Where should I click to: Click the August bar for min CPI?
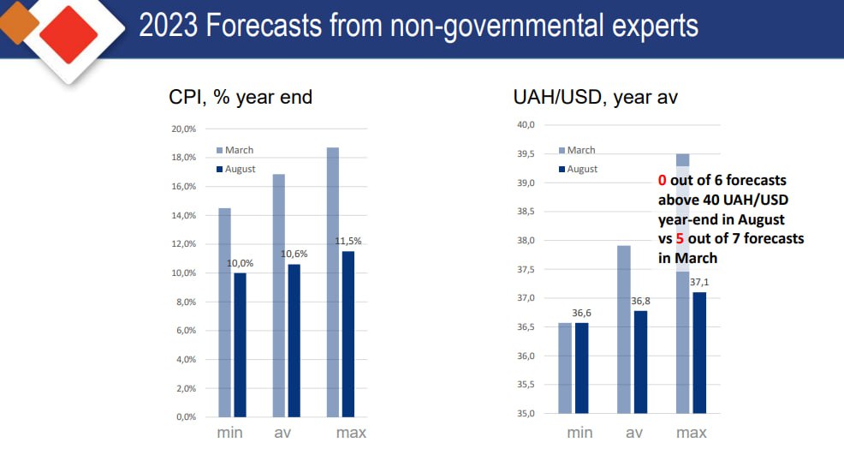pyautogui.click(x=239, y=344)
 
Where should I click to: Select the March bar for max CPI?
pyautogui.click(x=333, y=282)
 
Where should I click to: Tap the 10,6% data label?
pyautogui.click(x=294, y=254)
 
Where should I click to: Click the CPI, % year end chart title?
pyautogui.click(x=241, y=97)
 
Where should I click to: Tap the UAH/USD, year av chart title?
pyautogui.click(x=595, y=97)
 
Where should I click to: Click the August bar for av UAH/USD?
pyautogui.click(x=640, y=362)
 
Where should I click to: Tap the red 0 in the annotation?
pyautogui.click(x=662, y=181)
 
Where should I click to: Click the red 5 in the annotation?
pyautogui.click(x=681, y=238)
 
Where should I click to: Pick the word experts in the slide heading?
pyautogui.click(x=647, y=27)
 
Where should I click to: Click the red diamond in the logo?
pyautogui.click(x=69, y=33)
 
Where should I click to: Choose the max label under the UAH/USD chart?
pyautogui.click(x=692, y=433)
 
